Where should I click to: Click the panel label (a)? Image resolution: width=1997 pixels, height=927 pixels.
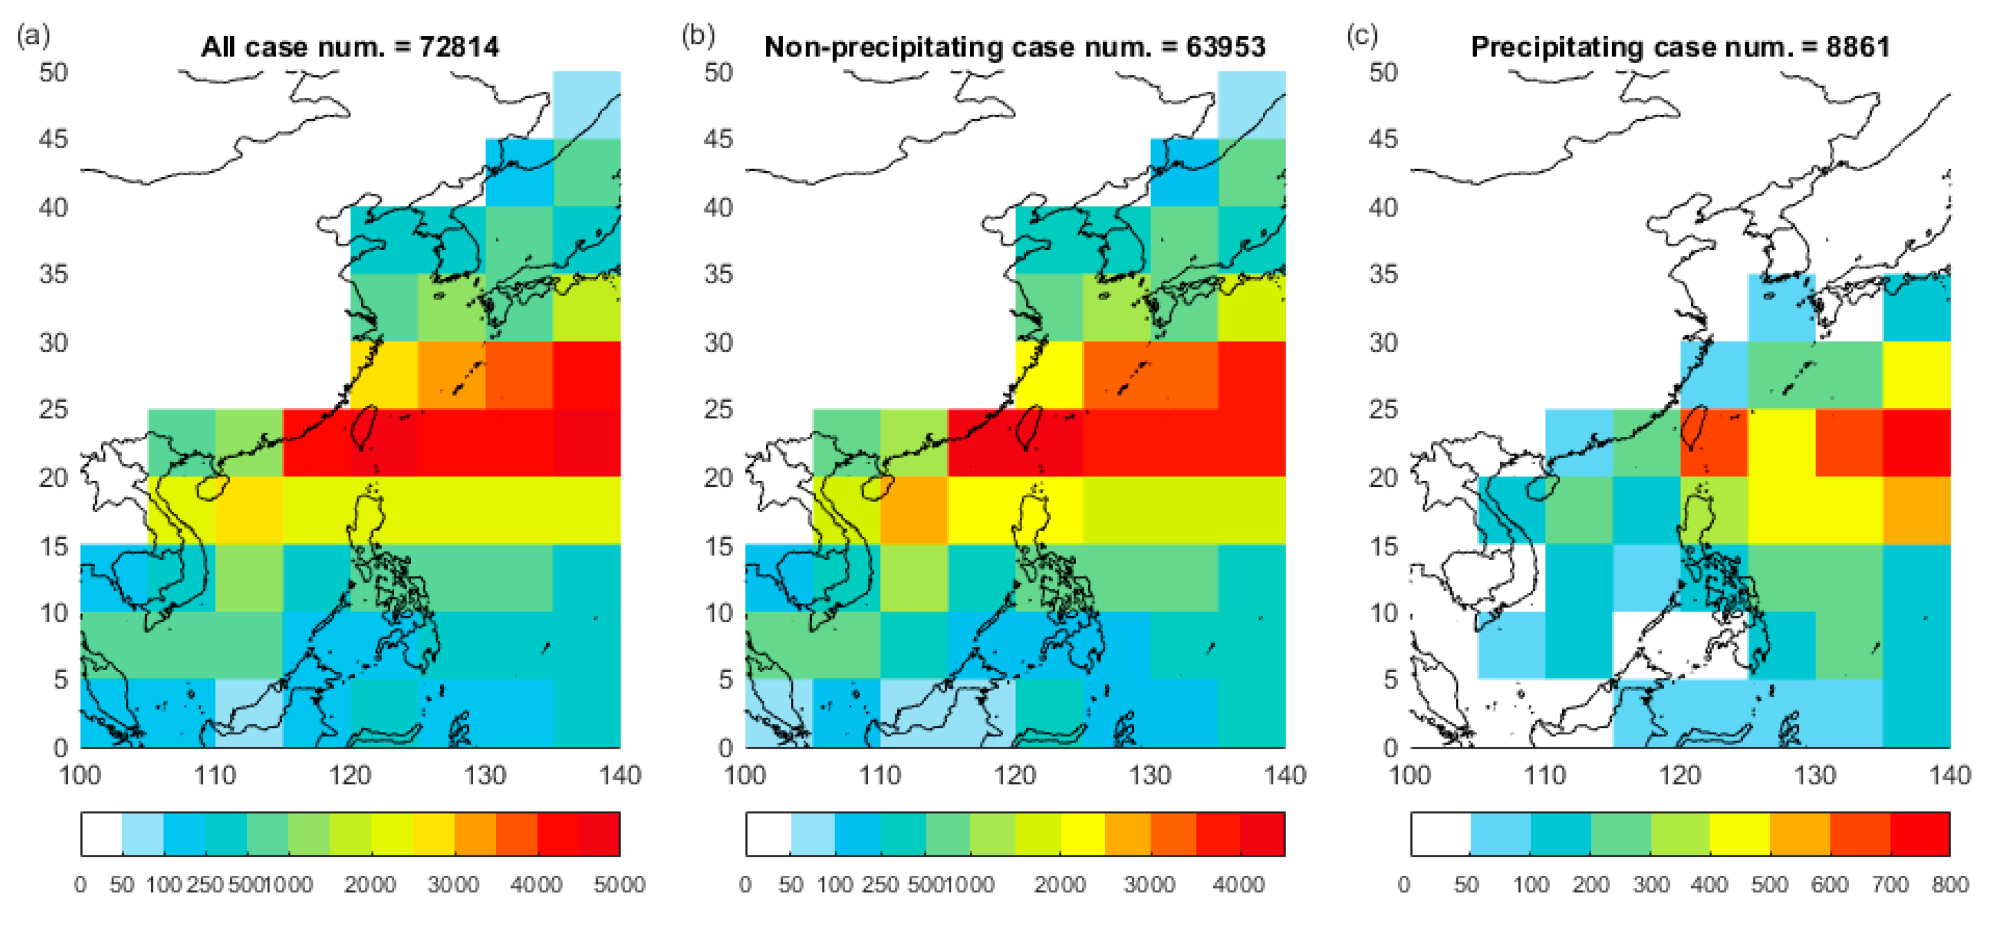33,36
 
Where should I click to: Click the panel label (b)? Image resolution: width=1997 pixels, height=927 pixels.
697,36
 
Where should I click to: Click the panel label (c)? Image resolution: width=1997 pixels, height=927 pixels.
1362,36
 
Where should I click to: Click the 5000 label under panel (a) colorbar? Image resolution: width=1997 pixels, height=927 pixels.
619,884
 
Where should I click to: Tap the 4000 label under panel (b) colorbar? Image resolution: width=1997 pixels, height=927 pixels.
1238,884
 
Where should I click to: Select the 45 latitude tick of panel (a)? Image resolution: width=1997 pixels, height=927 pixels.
52,139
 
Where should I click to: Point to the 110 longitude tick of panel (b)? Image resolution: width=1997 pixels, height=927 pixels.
880,775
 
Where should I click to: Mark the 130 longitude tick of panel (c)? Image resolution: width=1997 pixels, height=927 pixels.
1815,775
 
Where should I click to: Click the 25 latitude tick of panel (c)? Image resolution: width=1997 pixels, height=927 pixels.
1383,410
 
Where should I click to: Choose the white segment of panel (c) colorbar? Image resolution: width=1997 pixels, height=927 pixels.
1441,834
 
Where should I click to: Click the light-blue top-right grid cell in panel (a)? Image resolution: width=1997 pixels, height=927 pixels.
586,105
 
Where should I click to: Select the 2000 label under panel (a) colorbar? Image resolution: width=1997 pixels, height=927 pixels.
370,884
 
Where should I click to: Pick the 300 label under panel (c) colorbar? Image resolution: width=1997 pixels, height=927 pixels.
1650,884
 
